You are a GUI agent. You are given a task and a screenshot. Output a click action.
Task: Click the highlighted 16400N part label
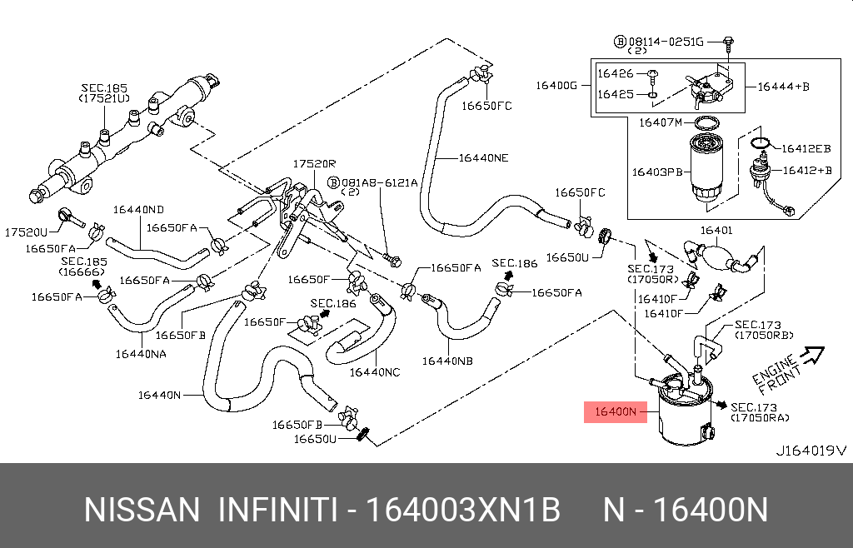(x=615, y=411)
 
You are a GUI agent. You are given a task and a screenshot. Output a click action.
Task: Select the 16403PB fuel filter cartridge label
(x=656, y=172)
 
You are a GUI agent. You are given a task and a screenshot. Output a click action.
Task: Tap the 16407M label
(x=660, y=122)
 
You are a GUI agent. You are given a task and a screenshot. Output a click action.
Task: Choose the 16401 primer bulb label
(x=716, y=230)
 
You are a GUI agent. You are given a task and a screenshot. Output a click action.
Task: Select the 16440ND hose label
(x=139, y=209)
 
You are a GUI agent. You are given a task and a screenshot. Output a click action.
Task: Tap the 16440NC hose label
(x=375, y=371)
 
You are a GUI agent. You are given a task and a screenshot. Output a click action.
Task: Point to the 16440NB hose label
(x=447, y=361)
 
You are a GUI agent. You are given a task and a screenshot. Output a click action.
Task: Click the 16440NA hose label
(x=141, y=353)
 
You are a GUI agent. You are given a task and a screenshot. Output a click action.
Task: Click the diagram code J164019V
(x=810, y=451)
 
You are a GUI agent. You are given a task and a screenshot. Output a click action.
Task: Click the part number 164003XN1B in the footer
(x=465, y=510)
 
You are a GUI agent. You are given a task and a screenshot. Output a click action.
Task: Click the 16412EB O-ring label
(x=804, y=148)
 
